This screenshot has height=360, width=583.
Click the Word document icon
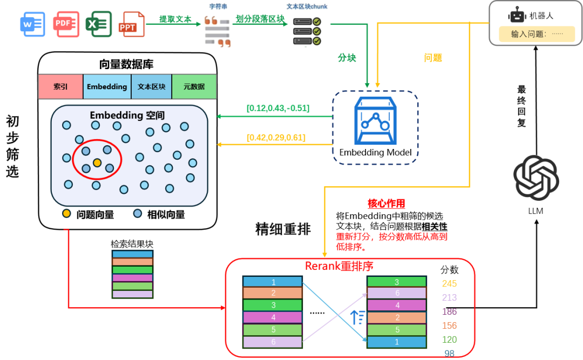click(x=33, y=24)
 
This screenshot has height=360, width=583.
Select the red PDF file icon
click(x=66, y=24)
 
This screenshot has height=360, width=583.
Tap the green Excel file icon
click(x=99, y=24)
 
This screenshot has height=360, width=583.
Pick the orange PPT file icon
click(x=131, y=24)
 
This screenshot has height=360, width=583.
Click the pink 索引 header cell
click(x=60, y=87)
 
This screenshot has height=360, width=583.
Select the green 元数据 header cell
click(x=194, y=87)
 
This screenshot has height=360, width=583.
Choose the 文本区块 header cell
click(x=151, y=87)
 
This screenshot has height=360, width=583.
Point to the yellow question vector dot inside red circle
click(x=97, y=162)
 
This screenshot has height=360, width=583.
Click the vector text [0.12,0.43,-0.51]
click(x=278, y=108)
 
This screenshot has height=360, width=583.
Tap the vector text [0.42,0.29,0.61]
click(x=276, y=138)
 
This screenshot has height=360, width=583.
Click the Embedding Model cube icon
click(x=375, y=120)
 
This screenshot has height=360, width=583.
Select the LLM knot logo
click(x=536, y=178)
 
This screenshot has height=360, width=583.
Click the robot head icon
click(x=517, y=16)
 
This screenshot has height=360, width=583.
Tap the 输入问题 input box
click(x=537, y=34)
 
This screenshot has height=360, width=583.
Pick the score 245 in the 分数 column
click(x=449, y=283)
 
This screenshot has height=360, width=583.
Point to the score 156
click(x=449, y=325)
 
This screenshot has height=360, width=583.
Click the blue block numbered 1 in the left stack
click(x=273, y=282)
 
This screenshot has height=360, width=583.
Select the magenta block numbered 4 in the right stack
click(x=397, y=305)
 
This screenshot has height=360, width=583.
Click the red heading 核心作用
click(x=387, y=203)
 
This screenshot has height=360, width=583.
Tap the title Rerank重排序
click(x=339, y=266)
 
